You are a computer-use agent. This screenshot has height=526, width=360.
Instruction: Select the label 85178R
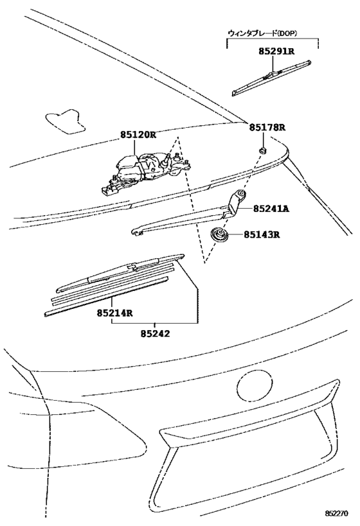(267, 128)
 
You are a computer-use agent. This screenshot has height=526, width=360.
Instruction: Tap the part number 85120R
(138, 135)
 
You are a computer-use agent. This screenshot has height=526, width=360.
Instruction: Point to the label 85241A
(271, 209)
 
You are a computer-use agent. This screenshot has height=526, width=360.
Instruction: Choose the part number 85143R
(262, 234)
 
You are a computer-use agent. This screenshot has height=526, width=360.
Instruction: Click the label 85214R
(115, 313)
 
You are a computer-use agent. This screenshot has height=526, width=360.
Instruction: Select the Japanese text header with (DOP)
(271, 32)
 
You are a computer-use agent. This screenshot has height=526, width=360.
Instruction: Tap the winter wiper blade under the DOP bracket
(273, 75)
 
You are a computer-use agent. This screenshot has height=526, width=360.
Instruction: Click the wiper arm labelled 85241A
(186, 216)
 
